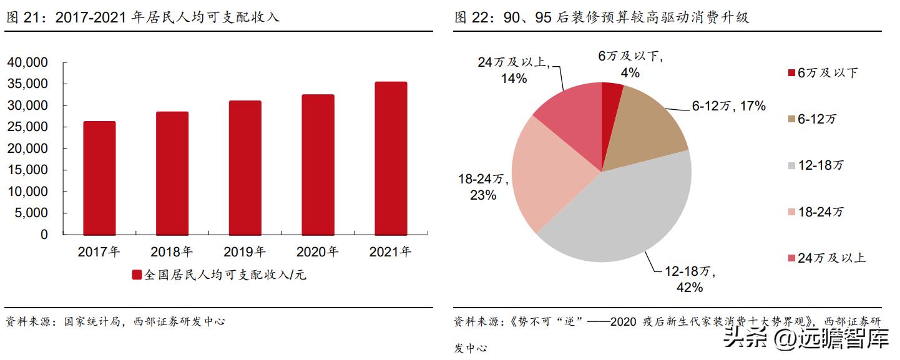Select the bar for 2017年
[x=99, y=178]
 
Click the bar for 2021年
[x=391, y=158]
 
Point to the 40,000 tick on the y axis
[x=27, y=62]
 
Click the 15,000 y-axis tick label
[x=27, y=170]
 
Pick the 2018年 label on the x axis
[x=172, y=252]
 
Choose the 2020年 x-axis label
[x=317, y=252]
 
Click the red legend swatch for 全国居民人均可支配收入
[x=137, y=275]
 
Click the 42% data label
[x=690, y=287]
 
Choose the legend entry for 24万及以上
[x=825, y=258]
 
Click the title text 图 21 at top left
[x=142, y=17]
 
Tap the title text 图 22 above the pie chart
[x=601, y=17]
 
